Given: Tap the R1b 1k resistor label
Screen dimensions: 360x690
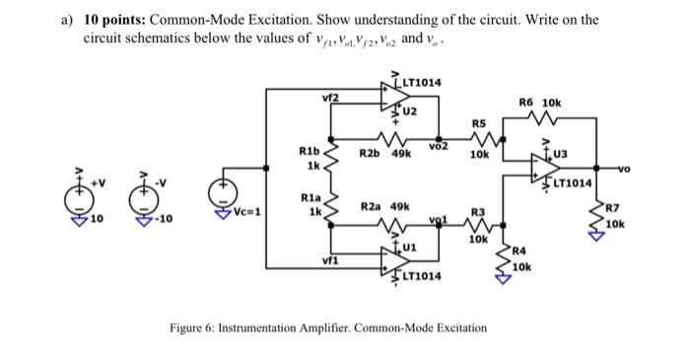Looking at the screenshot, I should (308, 158).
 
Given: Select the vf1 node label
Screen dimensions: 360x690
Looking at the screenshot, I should (327, 262).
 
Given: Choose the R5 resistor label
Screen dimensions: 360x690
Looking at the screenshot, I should (479, 123).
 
